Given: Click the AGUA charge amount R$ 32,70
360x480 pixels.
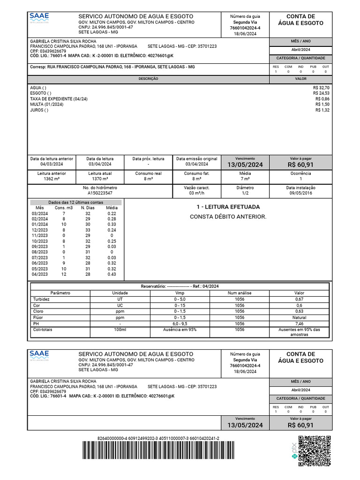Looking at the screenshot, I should pos(321,88).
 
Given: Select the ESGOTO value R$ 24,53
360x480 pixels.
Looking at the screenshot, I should pos(321,93).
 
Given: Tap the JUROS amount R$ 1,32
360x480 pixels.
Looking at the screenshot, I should pos(322,110).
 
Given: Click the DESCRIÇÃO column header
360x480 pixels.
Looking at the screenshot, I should pos(148,79).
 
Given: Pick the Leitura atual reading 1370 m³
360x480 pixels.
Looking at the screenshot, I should pos(100,179).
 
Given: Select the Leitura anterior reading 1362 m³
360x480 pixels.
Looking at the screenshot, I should pos(52,179).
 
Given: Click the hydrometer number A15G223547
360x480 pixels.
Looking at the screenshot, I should pos(100,193).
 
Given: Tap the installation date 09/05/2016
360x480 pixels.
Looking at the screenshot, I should pos(300,193).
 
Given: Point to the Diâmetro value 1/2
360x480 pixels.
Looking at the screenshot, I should pos(245,193).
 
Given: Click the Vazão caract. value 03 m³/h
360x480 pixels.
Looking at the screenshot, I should pos(197,193).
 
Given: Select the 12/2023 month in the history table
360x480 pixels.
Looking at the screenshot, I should pos(40,230).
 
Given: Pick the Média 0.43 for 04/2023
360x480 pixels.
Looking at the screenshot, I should pos(112,274).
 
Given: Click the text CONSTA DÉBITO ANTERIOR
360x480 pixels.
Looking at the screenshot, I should pos(228,217).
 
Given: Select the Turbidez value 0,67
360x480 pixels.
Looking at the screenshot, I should pos(299,299).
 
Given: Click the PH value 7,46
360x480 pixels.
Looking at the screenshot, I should pos(299,323).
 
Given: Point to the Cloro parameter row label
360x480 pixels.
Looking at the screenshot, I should pos(38,311).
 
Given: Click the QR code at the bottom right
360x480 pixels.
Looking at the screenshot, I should pos(315,451).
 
